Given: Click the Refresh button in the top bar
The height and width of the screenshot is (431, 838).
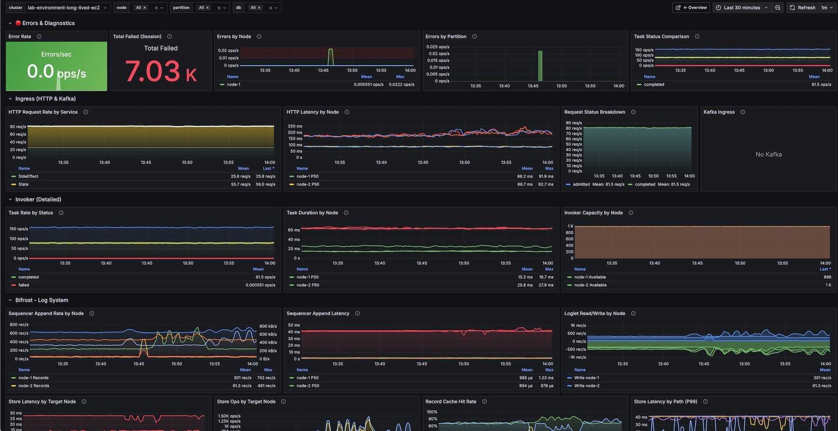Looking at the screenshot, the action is pos(802,8).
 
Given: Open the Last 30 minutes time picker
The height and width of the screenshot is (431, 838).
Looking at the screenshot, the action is pos(741,8).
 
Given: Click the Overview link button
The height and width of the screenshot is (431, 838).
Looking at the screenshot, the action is pos(691,8).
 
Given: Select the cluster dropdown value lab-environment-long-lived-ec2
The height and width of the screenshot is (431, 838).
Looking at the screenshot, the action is pos(63,8).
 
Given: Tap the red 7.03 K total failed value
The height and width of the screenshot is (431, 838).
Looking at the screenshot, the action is pos(160,71).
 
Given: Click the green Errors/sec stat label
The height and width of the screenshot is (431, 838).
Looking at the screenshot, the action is pos(56,54).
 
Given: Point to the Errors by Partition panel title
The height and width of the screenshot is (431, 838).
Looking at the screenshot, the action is pos(446,36).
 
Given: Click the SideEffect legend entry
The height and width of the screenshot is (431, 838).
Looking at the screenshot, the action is pos(28,176).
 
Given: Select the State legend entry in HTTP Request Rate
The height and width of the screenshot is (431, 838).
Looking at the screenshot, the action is pos(23,185).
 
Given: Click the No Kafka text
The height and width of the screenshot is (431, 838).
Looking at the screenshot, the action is pos(768,155).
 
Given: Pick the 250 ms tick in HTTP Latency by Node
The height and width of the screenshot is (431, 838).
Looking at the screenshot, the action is pos(295,126).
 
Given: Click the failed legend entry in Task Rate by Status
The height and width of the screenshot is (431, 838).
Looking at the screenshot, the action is pos(24,285).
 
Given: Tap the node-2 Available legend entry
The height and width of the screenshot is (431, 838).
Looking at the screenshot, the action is pos(590,285).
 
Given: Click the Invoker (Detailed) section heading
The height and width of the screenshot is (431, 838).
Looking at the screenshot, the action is pos(38,200).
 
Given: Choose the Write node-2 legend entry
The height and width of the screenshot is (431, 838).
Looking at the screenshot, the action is pos(587,386).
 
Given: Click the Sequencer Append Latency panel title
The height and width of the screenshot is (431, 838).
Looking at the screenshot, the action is pos(318,314).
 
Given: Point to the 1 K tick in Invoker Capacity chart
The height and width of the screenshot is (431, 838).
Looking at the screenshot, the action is pos(571,226).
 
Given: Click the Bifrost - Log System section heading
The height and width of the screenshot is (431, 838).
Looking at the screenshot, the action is pos(42,300).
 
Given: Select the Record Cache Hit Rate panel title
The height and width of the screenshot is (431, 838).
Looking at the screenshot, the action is pos(451,402).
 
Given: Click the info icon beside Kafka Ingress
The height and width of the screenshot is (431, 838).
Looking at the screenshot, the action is pos(742,112).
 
